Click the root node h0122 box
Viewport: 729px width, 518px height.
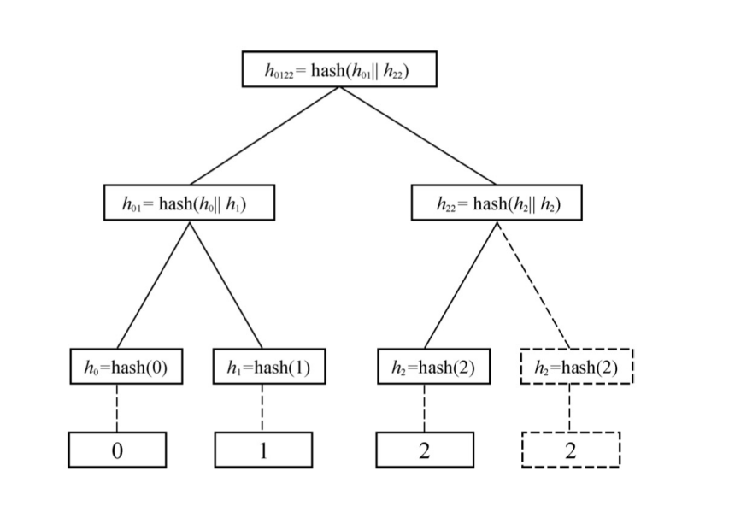pos(339,69)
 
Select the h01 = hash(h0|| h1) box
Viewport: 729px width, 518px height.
pos(190,203)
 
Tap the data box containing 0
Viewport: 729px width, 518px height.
pos(117,450)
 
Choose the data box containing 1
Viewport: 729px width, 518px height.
pos(263,450)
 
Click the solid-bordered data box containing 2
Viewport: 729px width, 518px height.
pos(425,450)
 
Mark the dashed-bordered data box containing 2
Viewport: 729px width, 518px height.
pos(570,450)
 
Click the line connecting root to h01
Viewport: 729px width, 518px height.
pos(265,135)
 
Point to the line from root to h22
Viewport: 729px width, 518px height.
pos(418,135)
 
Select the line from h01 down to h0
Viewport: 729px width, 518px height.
pos(153,284)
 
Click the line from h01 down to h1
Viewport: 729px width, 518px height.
pos(226,284)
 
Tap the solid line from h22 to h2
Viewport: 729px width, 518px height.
pos(461,284)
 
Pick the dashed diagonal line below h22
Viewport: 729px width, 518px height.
pos(533,284)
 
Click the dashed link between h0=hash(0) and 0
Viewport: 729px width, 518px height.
pos(117,408)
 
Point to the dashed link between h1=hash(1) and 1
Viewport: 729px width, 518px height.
pos(262,408)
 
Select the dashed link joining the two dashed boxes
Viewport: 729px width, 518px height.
pos(570,408)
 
